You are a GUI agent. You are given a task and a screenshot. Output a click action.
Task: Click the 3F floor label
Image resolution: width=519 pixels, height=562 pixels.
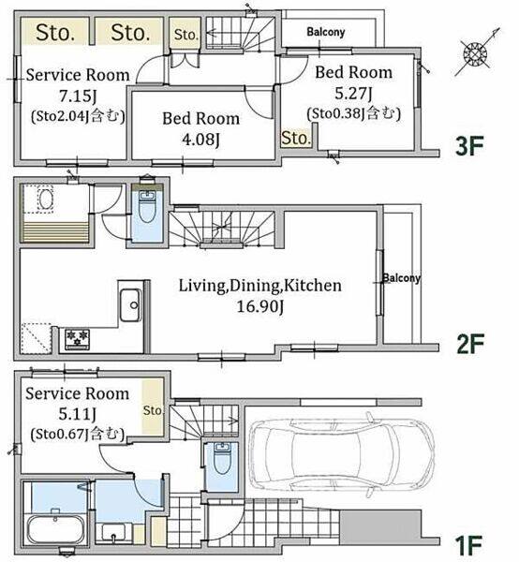(469, 146)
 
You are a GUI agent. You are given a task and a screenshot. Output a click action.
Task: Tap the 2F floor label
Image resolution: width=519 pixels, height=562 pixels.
(470, 344)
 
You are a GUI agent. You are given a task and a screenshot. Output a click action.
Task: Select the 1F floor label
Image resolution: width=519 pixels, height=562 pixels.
(468, 545)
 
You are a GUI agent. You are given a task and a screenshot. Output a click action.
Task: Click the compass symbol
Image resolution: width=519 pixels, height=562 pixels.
(476, 53)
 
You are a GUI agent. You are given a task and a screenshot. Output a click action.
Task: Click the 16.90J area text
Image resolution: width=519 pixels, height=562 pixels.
(260, 306)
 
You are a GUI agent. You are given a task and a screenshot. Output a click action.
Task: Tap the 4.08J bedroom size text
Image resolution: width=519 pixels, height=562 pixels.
(200, 140)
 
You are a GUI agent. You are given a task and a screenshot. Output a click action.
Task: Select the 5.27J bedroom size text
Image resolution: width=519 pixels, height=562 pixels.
(353, 93)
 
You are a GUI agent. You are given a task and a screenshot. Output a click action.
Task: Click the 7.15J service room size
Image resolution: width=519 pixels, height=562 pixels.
(78, 96)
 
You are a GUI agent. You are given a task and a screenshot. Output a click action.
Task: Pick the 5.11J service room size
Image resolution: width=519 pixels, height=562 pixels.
(78, 414)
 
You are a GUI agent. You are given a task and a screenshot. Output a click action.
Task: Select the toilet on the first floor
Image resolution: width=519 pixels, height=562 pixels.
(222, 458)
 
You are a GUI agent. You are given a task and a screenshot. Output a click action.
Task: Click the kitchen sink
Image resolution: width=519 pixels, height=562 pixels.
(130, 304)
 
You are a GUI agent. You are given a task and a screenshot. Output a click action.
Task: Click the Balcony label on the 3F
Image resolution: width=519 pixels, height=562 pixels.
(326, 32)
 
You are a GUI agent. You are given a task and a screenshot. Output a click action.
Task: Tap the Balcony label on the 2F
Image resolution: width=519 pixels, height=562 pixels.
(402, 278)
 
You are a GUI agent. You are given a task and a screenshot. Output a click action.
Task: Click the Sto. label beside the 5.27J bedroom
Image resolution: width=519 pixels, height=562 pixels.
(296, 138)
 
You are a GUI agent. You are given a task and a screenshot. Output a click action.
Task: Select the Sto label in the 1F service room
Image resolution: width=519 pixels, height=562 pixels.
(153, 410)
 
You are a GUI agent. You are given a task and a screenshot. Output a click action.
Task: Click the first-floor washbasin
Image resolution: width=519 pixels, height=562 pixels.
(113, 532)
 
